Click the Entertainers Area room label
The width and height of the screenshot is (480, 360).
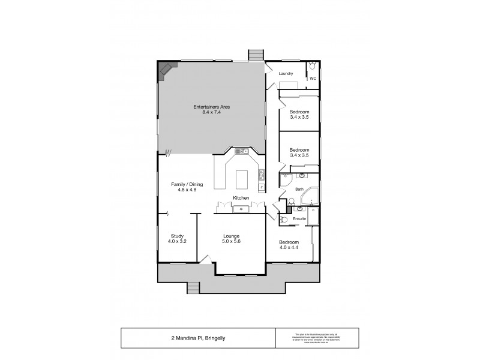tap(211, 107)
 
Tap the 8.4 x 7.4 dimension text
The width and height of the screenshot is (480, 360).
tap(211, 112)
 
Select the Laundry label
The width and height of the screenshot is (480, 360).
tap(286, 74)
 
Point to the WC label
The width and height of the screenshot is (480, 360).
tap(313, 79)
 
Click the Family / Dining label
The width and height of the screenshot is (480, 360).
tap(184, 184)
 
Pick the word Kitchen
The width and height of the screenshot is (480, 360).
tap(241, 197)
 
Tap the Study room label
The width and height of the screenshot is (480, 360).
tap(176, 236)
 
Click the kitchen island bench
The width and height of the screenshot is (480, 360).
tap(241, 179)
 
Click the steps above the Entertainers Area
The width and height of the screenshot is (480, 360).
tap(257, 55)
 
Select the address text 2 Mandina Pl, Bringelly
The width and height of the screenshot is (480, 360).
tap(197, 338)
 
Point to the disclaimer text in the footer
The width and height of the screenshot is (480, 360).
tap(315, 338)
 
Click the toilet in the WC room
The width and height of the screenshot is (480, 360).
tap(313, 66)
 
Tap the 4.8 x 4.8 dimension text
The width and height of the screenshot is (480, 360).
tap(184, 190)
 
